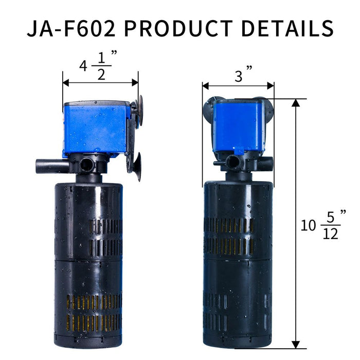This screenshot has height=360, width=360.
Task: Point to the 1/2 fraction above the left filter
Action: pyautogui.click(x=101, y=67)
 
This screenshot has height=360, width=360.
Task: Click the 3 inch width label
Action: pyautogui.click(x=238, y=77)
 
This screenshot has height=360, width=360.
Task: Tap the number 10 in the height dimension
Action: pyautogui.click(x=308, y=225)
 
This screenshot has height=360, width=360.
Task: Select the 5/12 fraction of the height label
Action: pyautogui.click(x=331, y=225)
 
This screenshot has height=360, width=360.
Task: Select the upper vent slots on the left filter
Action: pyautogui.click(x=105, y=237)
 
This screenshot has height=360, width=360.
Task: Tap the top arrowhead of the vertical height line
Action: pyautogui.click(x=296, y=102)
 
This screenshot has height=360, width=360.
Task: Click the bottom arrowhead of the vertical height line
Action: pyautogui.click(x=296, y=344)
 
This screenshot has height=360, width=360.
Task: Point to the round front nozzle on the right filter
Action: pyautogui.click(x=233, y=161)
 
